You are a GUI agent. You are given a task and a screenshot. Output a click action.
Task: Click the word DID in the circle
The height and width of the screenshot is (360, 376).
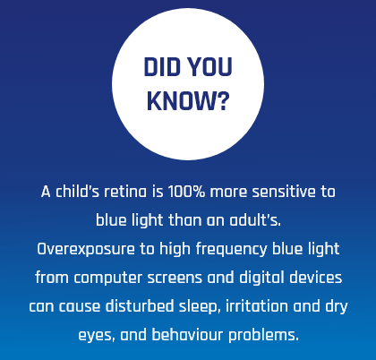tap(162, 67)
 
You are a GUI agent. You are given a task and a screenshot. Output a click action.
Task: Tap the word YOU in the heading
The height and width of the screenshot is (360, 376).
tap(210, 67)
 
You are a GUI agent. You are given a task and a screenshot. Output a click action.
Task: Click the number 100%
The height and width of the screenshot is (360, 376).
tap(186, 192)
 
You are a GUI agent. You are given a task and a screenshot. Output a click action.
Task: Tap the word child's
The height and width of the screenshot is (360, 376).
tap(77, 192)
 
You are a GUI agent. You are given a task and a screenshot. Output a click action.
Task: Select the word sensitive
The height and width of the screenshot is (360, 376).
tap(284, 192)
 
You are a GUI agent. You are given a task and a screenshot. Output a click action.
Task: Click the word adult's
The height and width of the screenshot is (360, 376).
tap(255, 220)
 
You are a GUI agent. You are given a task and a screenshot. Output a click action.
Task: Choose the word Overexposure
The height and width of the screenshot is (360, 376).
tap(86, 249)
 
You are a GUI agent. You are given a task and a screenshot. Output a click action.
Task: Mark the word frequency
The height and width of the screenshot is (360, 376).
tap(231, 249)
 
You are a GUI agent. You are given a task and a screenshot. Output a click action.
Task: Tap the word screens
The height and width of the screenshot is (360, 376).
tap(175, 279)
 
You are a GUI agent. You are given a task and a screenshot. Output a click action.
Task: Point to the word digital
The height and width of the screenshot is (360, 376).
tap(261, 278)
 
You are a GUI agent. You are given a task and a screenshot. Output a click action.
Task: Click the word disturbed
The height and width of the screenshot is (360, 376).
tap(140, 306)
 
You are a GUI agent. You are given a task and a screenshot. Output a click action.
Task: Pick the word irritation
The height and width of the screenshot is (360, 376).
tap(257, 306)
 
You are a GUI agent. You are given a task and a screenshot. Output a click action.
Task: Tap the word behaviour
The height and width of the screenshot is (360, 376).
tap(187, 335)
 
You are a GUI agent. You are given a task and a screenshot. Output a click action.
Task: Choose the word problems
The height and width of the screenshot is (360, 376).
tap(263, 335)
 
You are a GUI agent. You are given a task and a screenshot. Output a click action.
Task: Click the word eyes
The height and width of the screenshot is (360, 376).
tap(97, 336)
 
